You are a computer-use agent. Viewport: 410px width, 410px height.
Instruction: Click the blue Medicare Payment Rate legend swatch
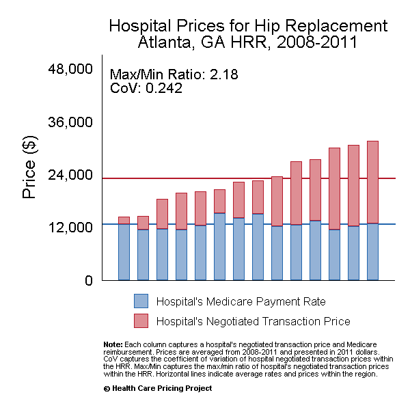(x=140, y=301)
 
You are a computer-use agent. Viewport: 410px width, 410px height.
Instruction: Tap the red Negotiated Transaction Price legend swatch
(x=140, y=320)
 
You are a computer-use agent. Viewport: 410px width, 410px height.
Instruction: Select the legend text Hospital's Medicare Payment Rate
(x=241, y=301)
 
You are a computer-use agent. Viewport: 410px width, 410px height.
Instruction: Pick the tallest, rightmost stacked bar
(x=372, y=210)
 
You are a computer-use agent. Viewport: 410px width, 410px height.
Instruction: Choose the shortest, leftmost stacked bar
(x=124, y=249)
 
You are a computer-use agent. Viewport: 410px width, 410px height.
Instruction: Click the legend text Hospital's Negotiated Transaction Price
(x=253, y=321)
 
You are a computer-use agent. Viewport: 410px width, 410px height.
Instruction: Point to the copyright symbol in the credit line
(x=107, y=388)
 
